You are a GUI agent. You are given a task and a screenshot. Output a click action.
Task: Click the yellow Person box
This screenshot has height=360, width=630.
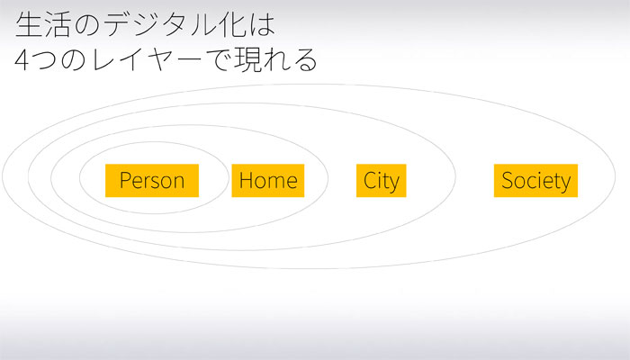[152, 180]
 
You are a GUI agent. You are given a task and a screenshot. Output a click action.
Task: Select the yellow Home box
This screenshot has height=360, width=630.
[268, 180]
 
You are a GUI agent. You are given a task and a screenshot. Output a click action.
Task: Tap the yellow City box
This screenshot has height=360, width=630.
[382, 180]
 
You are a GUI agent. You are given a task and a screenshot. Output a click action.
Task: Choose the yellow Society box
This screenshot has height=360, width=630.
[536, 180]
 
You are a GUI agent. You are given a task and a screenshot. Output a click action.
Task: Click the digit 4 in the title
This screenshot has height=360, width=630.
[22, 60]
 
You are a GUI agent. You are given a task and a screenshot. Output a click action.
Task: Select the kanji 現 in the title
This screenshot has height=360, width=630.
[248, 60]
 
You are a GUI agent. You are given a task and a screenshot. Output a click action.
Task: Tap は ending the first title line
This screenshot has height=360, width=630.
[262, 25]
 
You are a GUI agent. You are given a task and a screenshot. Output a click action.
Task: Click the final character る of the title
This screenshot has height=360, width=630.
[305, 60]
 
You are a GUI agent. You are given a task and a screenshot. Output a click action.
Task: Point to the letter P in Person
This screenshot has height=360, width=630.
[126, 180]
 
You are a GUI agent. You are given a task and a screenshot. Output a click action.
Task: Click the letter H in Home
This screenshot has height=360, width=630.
[247, 180]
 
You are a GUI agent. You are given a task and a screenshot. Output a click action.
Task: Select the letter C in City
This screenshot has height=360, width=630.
[370, 180]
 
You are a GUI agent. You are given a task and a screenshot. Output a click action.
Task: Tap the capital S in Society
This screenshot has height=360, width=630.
[508, 180]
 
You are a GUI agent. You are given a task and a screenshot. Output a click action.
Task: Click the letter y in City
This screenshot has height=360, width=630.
[394, 184]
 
